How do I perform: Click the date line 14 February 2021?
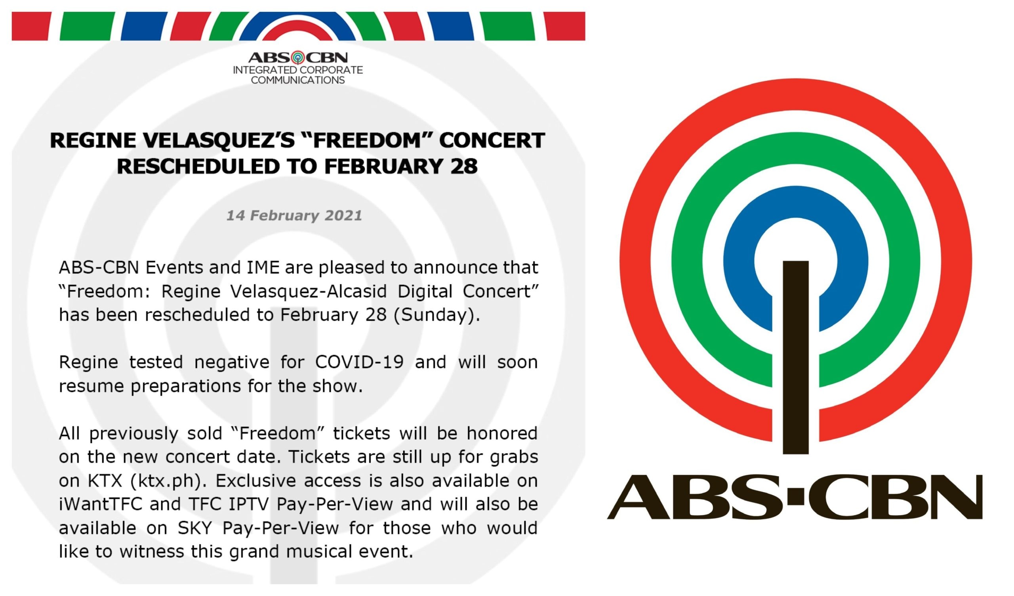coord(294,215)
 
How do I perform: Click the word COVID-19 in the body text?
coord(359,362)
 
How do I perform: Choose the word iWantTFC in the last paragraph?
coord(101,504)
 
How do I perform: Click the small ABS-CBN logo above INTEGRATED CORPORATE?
coord(298,57)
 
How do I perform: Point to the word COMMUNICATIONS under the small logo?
coord(298,80)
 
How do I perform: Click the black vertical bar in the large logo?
coord(795,358)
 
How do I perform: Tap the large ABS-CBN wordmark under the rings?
coord(795,497)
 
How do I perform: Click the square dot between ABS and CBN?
coord(795,497)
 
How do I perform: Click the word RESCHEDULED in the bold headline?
coord(198,167)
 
